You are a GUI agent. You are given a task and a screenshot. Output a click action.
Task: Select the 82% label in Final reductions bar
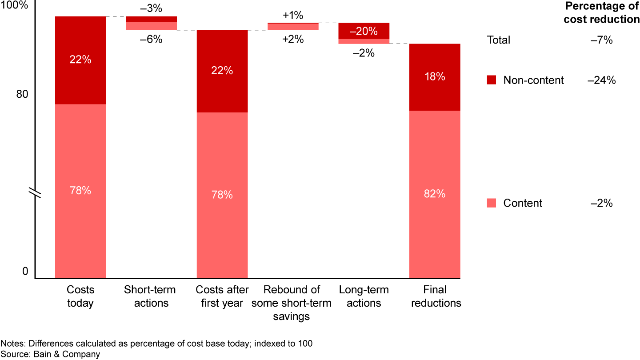coord(434,194)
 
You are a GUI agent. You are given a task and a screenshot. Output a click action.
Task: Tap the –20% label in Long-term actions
coord(364,32)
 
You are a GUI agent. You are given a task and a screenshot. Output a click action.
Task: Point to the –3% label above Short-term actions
coord(151,9)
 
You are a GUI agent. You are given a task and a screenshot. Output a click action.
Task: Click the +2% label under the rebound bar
coord(293,39)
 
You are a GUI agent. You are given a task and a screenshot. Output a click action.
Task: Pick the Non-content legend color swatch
coord(492,80)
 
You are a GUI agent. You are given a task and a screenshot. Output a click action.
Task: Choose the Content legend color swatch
coord(492,203)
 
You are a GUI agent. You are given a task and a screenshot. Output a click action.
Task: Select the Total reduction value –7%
coord(602,40)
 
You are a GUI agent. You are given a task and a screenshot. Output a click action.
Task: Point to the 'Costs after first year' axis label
coord(222,296)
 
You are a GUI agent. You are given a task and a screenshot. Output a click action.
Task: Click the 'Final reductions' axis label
coord(435,296)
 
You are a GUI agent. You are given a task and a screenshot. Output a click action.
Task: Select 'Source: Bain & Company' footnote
coord(50,354)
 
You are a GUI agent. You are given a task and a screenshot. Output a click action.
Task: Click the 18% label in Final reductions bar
coord(434,76)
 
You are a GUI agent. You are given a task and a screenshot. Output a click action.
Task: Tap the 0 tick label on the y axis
coord(25,272)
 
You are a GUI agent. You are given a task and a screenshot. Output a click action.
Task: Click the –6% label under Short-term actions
coord(151,39)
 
